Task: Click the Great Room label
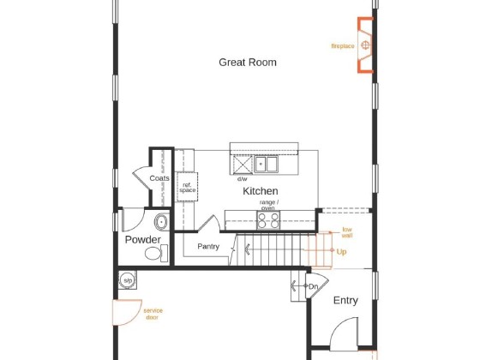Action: pos(248,63)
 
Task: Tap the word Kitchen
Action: pos(261,191)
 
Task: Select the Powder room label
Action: pos(142,239)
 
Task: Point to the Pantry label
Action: pos(208,247)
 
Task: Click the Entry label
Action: pos(345,300)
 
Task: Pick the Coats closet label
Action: pos(159,178)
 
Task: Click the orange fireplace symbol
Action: pos(365,45)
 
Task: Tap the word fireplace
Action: pos(343,46)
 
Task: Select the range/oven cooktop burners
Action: pos(268,220)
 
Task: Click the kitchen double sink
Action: pos(266,164)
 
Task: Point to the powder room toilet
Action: pos(156,253)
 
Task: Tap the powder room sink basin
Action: pos(161,222)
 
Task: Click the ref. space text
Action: pos(188,188)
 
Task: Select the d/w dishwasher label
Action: pos(242,179)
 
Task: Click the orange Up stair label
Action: pos(341,252)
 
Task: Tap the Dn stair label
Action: pos(313,287)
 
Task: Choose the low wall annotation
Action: pos(347,232)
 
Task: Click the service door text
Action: pos(153,314)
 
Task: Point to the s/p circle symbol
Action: pos(128,280)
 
